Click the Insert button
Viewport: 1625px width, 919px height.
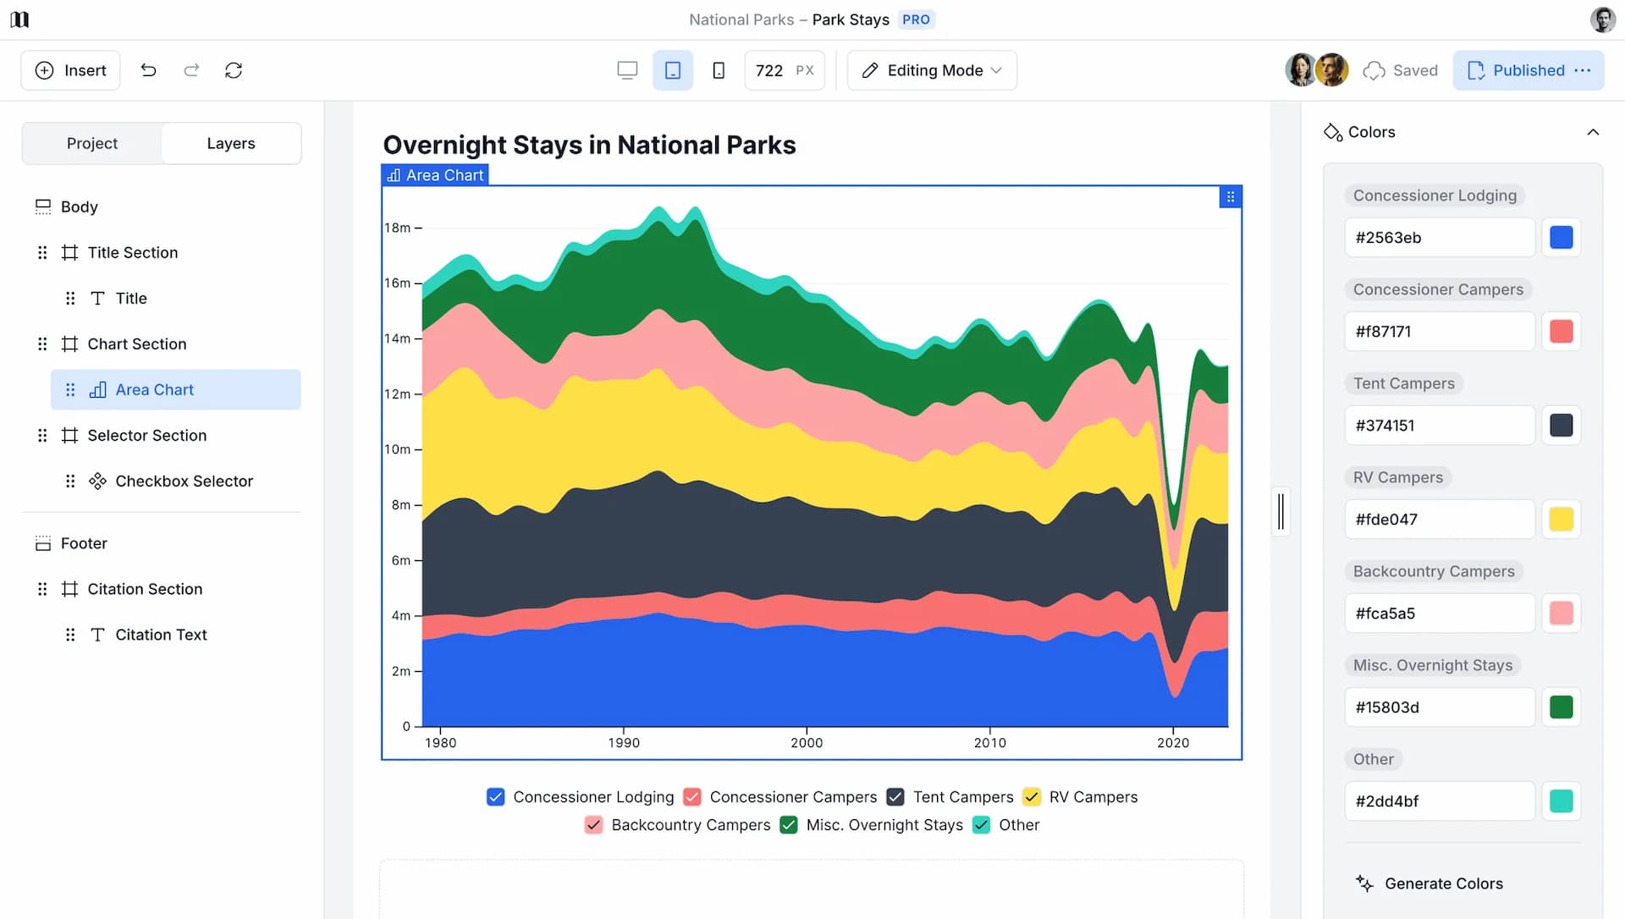pos(70,70)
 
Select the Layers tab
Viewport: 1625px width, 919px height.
pos(230,143)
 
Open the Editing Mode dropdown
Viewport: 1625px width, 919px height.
pos(932,70)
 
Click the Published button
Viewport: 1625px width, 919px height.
pos(1527,70)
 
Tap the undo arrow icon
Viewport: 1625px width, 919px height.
pos(148,70)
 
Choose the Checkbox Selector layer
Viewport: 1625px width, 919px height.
pos(184,481)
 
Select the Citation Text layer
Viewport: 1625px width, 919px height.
pos(161,635)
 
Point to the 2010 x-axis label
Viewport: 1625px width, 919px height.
pos(989,743)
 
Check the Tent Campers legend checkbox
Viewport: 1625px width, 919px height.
pos(895,797)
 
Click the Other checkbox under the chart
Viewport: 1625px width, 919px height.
pos(982,825)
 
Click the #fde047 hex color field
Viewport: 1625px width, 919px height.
pos(1439,520)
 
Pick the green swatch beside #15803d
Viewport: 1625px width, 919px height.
pos(1561,707)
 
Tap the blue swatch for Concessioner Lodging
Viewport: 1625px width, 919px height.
pos(1561,238)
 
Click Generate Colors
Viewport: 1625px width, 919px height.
pos(1443,883)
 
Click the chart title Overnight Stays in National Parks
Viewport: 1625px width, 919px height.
pos(589,145)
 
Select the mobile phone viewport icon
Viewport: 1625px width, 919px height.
pos(719,70)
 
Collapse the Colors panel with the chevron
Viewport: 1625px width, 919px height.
pos(1593,132)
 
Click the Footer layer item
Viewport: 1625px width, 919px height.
pos(84,543)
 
